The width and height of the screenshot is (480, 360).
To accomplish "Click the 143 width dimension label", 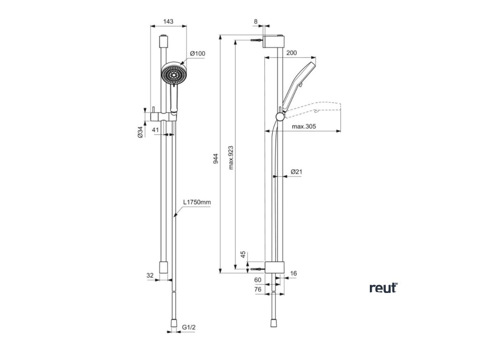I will (x=169, y=21).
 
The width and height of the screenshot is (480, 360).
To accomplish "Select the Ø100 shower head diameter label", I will (x=198, y=53).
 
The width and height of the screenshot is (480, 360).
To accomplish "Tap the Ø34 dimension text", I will (x=140, y=132).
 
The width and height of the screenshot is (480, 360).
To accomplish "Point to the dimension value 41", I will (x=156, y=129).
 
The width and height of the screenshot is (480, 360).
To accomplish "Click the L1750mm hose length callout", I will (x=197, y=202).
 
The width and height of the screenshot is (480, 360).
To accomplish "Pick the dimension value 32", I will (x=150, y=276).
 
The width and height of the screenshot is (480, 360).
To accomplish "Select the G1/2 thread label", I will (x=188, y=327).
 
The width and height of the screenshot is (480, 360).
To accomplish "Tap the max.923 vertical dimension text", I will (x=230, y=157).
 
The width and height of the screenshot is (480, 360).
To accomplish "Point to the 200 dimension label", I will (x=291, y=53).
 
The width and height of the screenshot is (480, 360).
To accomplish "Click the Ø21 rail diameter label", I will (x=296, y=172).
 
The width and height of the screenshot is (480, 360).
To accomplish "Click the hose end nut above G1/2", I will (x=173, y=323).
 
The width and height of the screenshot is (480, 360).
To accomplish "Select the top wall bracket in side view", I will (x=273, y=41).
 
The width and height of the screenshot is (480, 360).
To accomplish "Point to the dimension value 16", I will (x=293, y=273).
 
